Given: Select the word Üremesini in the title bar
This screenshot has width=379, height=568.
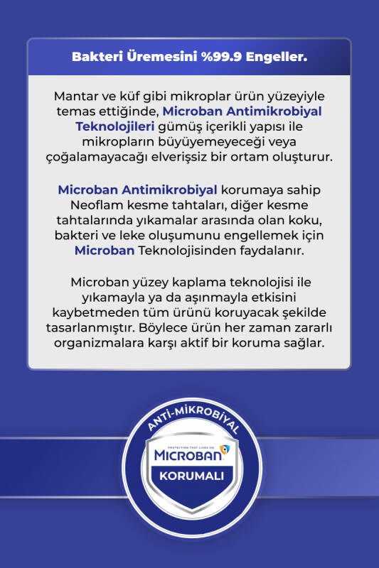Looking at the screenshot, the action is [x=164, y=56].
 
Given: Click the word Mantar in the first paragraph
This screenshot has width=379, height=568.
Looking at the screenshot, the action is [x=75, y=96].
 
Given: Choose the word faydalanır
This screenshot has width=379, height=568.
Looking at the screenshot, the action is [x=280, y=251].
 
